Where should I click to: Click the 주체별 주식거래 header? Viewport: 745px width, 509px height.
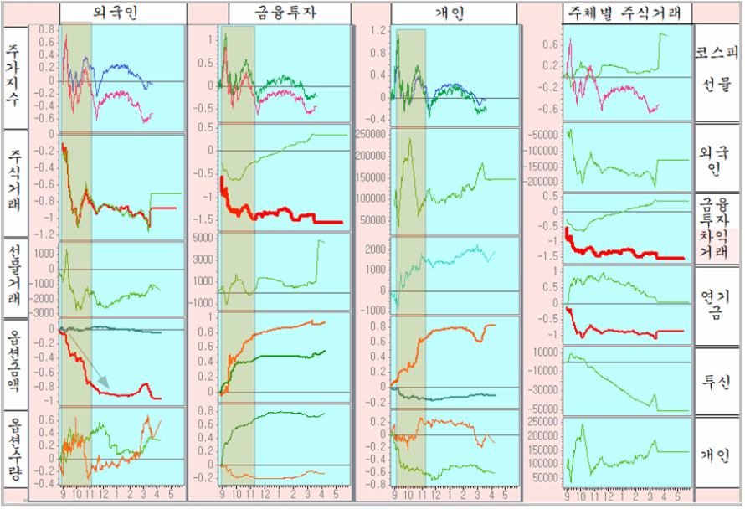[628, 13]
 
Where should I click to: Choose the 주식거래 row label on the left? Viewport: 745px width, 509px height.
[14, 181]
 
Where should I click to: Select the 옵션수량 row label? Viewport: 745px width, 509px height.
[14, 452]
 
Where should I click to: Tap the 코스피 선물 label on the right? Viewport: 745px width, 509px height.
[717, 67]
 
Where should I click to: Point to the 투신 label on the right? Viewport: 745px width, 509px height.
[717, 382]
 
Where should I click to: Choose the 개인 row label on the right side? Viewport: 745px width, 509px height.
[717, 456]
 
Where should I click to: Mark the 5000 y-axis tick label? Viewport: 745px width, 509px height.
[205, 238]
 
